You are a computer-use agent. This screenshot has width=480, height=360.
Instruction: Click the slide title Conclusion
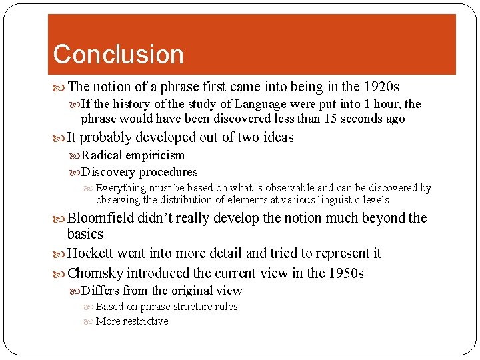(x=118, y=55)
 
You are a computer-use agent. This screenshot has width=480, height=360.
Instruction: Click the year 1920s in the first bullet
(x=381, y=87)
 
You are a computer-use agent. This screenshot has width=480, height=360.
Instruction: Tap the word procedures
(x=168, y=172)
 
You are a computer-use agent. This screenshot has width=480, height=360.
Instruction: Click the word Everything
(x=121, y=188)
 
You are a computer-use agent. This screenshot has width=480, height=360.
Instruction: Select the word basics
(x=85, y=234)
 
